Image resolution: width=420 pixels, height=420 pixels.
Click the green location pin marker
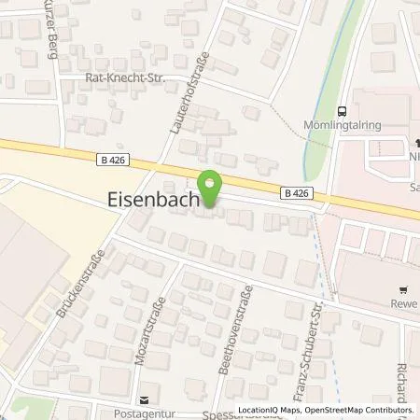(x=211, y=189)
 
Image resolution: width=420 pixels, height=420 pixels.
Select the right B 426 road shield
(x=294, y=192)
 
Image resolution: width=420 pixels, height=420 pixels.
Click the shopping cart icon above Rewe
(x=402, y=289)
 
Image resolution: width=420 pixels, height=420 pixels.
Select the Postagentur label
(x=143, y=410)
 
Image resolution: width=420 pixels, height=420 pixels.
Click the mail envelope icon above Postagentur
(x=143, y=397)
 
